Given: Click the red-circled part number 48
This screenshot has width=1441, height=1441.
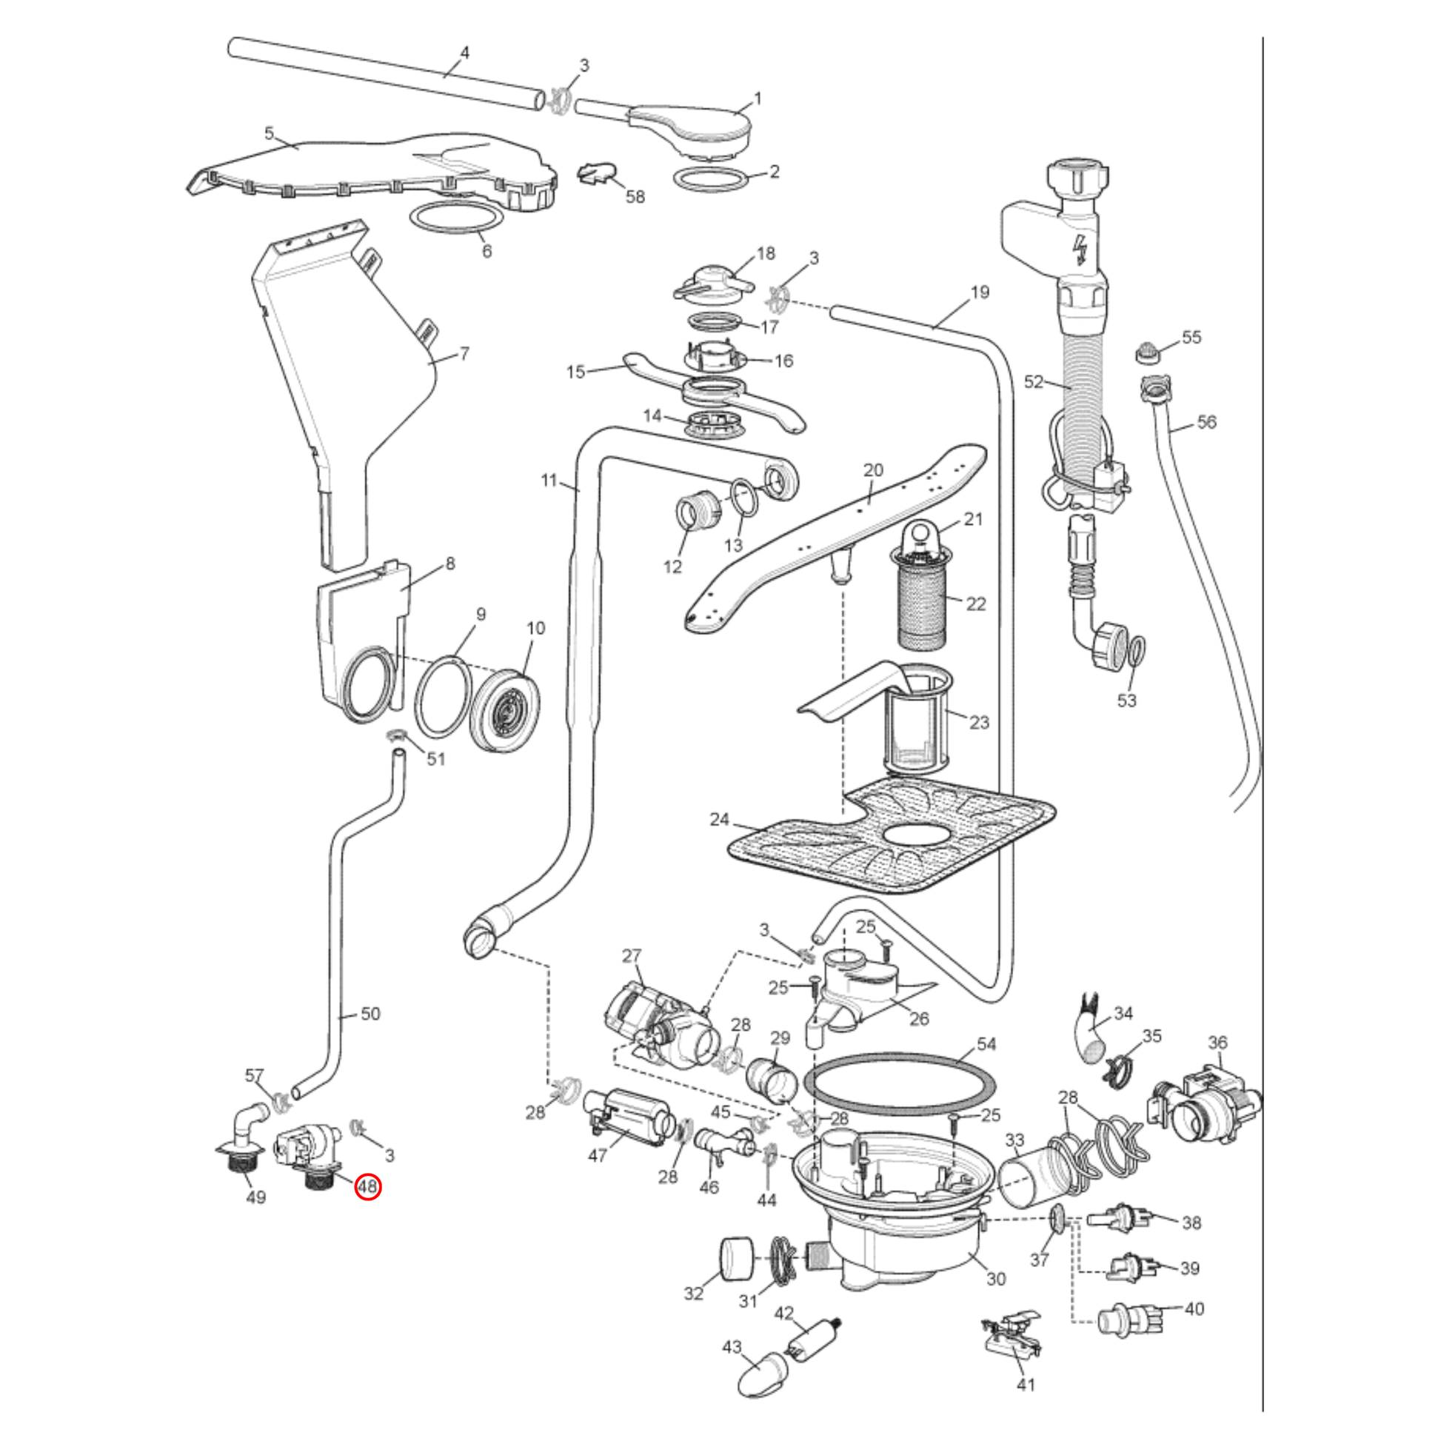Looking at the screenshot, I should coord(369,1187).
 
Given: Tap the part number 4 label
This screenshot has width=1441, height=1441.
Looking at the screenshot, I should coord(465,53).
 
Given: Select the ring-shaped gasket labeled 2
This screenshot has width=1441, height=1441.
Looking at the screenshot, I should coord(710,180).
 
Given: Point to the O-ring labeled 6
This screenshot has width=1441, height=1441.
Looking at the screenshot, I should coord(455,219).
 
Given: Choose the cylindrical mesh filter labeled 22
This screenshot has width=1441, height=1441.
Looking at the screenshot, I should coord(922,608).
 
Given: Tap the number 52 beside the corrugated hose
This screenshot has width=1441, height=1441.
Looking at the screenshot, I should coord(1033,382).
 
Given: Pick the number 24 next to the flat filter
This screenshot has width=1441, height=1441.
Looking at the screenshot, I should coord(719,820).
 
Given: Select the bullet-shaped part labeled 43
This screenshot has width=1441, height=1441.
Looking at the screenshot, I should coord(762,1374).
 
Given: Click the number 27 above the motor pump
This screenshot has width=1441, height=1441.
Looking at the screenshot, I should coord(632,955).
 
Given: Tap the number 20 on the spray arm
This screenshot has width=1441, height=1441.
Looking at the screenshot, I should coord(872,470).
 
